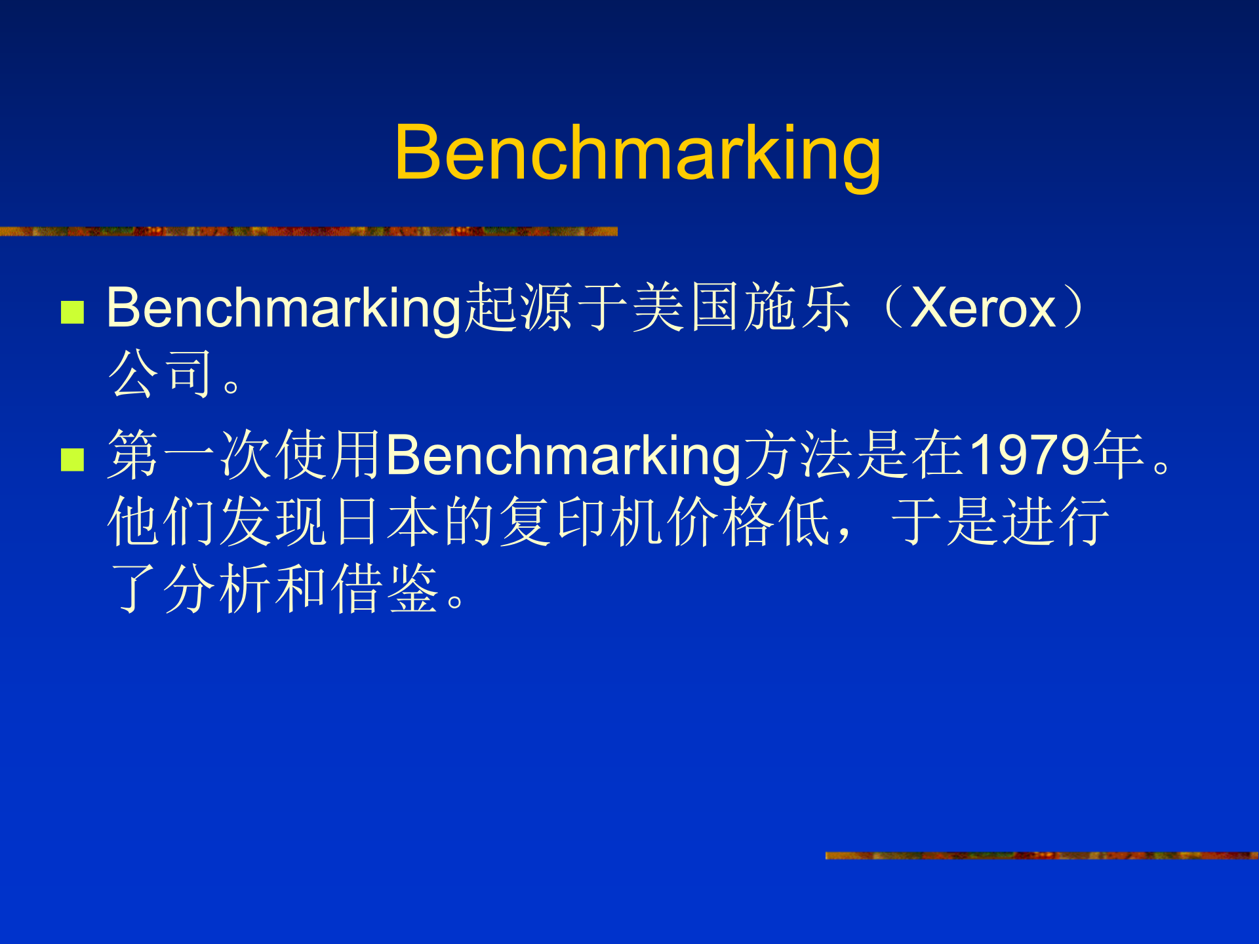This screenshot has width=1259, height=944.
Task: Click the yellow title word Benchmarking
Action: (x=637, y=155)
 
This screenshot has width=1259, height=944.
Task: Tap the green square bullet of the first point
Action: (x=72, y=312)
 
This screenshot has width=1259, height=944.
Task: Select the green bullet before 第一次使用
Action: (x=72, y=460)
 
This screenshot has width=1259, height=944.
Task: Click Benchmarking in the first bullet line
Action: (x=285, y=308)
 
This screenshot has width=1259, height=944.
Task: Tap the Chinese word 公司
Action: (x=161, y=374)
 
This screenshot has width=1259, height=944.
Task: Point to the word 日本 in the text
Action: (x=387, y=521)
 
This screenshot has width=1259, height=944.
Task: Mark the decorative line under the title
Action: (x=308, y=231)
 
